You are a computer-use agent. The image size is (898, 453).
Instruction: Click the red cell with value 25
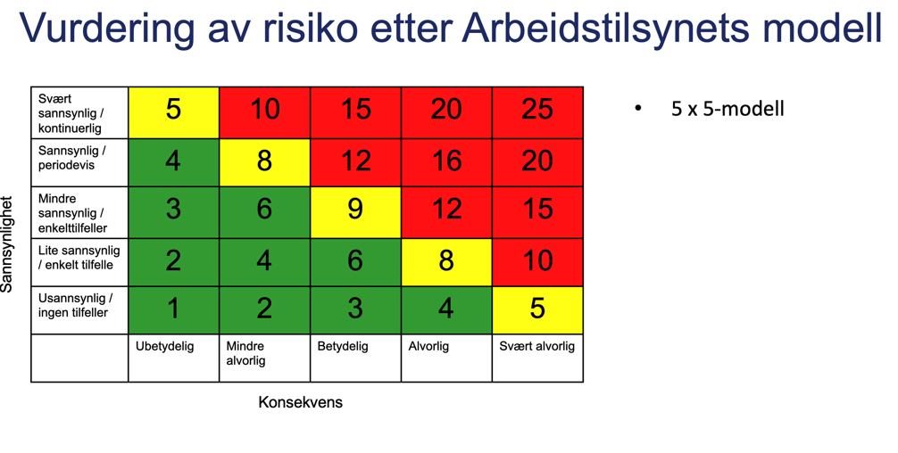(537, 111)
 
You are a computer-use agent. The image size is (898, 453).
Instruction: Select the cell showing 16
(446, 161)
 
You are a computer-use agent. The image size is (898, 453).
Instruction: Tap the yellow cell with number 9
(355, 210)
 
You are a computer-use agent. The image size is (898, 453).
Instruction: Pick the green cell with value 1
(173, 309)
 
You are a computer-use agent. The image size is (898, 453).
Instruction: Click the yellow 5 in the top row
(173, 111)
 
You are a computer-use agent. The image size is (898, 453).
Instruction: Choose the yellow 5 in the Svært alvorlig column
(537, 309)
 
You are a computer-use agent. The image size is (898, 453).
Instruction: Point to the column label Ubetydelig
(164, 346)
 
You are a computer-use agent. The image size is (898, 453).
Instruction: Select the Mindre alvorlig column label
(246, 353)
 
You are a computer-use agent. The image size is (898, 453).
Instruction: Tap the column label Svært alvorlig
(536, 346)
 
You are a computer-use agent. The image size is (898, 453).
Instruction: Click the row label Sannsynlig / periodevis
(71, 159)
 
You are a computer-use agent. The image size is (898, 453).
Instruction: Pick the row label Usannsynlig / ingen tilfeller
(75, 305)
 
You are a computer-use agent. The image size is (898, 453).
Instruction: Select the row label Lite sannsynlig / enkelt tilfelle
(79, 258)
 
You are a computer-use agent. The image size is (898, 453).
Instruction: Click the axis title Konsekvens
(300, 402)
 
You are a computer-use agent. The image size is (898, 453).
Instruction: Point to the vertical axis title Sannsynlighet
(8, 243)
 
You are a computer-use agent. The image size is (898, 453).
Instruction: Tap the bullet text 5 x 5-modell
(727, 109)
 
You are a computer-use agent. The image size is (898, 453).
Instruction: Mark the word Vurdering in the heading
(106, 29)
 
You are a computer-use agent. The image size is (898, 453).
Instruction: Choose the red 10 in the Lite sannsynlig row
(537, 260)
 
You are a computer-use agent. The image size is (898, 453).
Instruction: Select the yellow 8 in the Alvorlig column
(446, 260)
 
